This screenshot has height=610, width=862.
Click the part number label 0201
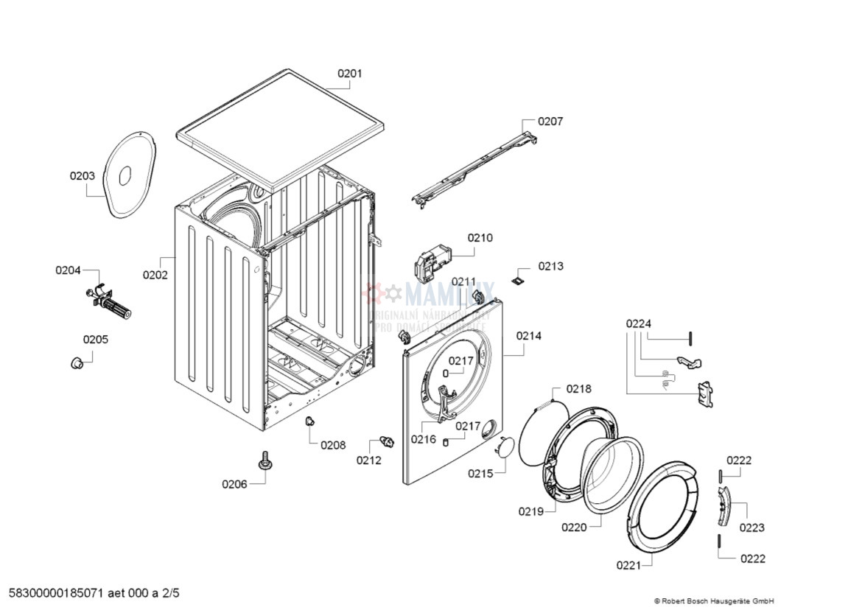coord(350,74)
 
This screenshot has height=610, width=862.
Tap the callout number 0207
coord(550,122)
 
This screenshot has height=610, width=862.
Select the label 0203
coord(83,176)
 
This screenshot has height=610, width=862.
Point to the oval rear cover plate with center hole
coord(128,175)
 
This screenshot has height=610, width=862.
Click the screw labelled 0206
coord(264,462)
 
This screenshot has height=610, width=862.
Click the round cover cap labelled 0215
coord(503,446)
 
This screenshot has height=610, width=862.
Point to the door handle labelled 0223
coord(723,506)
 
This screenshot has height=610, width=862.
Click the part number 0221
coord(628,565)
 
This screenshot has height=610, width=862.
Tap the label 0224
coord(639,323)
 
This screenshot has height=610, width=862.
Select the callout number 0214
coord(529,336)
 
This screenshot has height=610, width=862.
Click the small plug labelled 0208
coord(309,421)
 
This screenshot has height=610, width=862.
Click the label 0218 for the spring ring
coord(578,389)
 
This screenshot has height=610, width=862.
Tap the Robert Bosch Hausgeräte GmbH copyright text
coord(714,601)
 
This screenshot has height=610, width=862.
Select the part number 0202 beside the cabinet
coord(155,276)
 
